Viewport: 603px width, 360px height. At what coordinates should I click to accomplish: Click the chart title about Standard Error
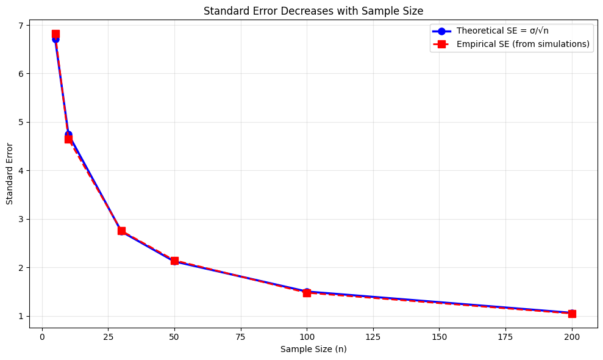click(x=313, y=10)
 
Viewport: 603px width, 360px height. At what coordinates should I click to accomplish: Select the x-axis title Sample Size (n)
click(x=313, y=350)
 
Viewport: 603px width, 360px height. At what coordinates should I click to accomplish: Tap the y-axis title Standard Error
click(x=10, y=174)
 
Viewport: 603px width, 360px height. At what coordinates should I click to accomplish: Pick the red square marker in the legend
click(x=442, y=44)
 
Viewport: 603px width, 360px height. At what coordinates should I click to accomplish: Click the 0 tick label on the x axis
click(x=42, y=337)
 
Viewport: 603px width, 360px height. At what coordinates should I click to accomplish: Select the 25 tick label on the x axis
click(x=108, y=337)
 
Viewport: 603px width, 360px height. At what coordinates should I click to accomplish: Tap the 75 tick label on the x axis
click(x=241, y=337)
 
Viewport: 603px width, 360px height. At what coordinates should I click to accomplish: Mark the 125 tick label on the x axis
click(x=373, y=337)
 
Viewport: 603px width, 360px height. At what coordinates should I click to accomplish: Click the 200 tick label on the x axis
click(x=572, y=337)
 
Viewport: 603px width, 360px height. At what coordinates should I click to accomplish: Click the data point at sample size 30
click(x=121, y=231)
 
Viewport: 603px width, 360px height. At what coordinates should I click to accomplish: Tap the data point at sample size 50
click(x=174, y=261)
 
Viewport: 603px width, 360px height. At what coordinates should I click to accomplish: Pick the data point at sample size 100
click(x=307, y=292)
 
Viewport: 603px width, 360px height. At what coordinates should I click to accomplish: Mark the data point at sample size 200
click(x=572, y=314)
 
